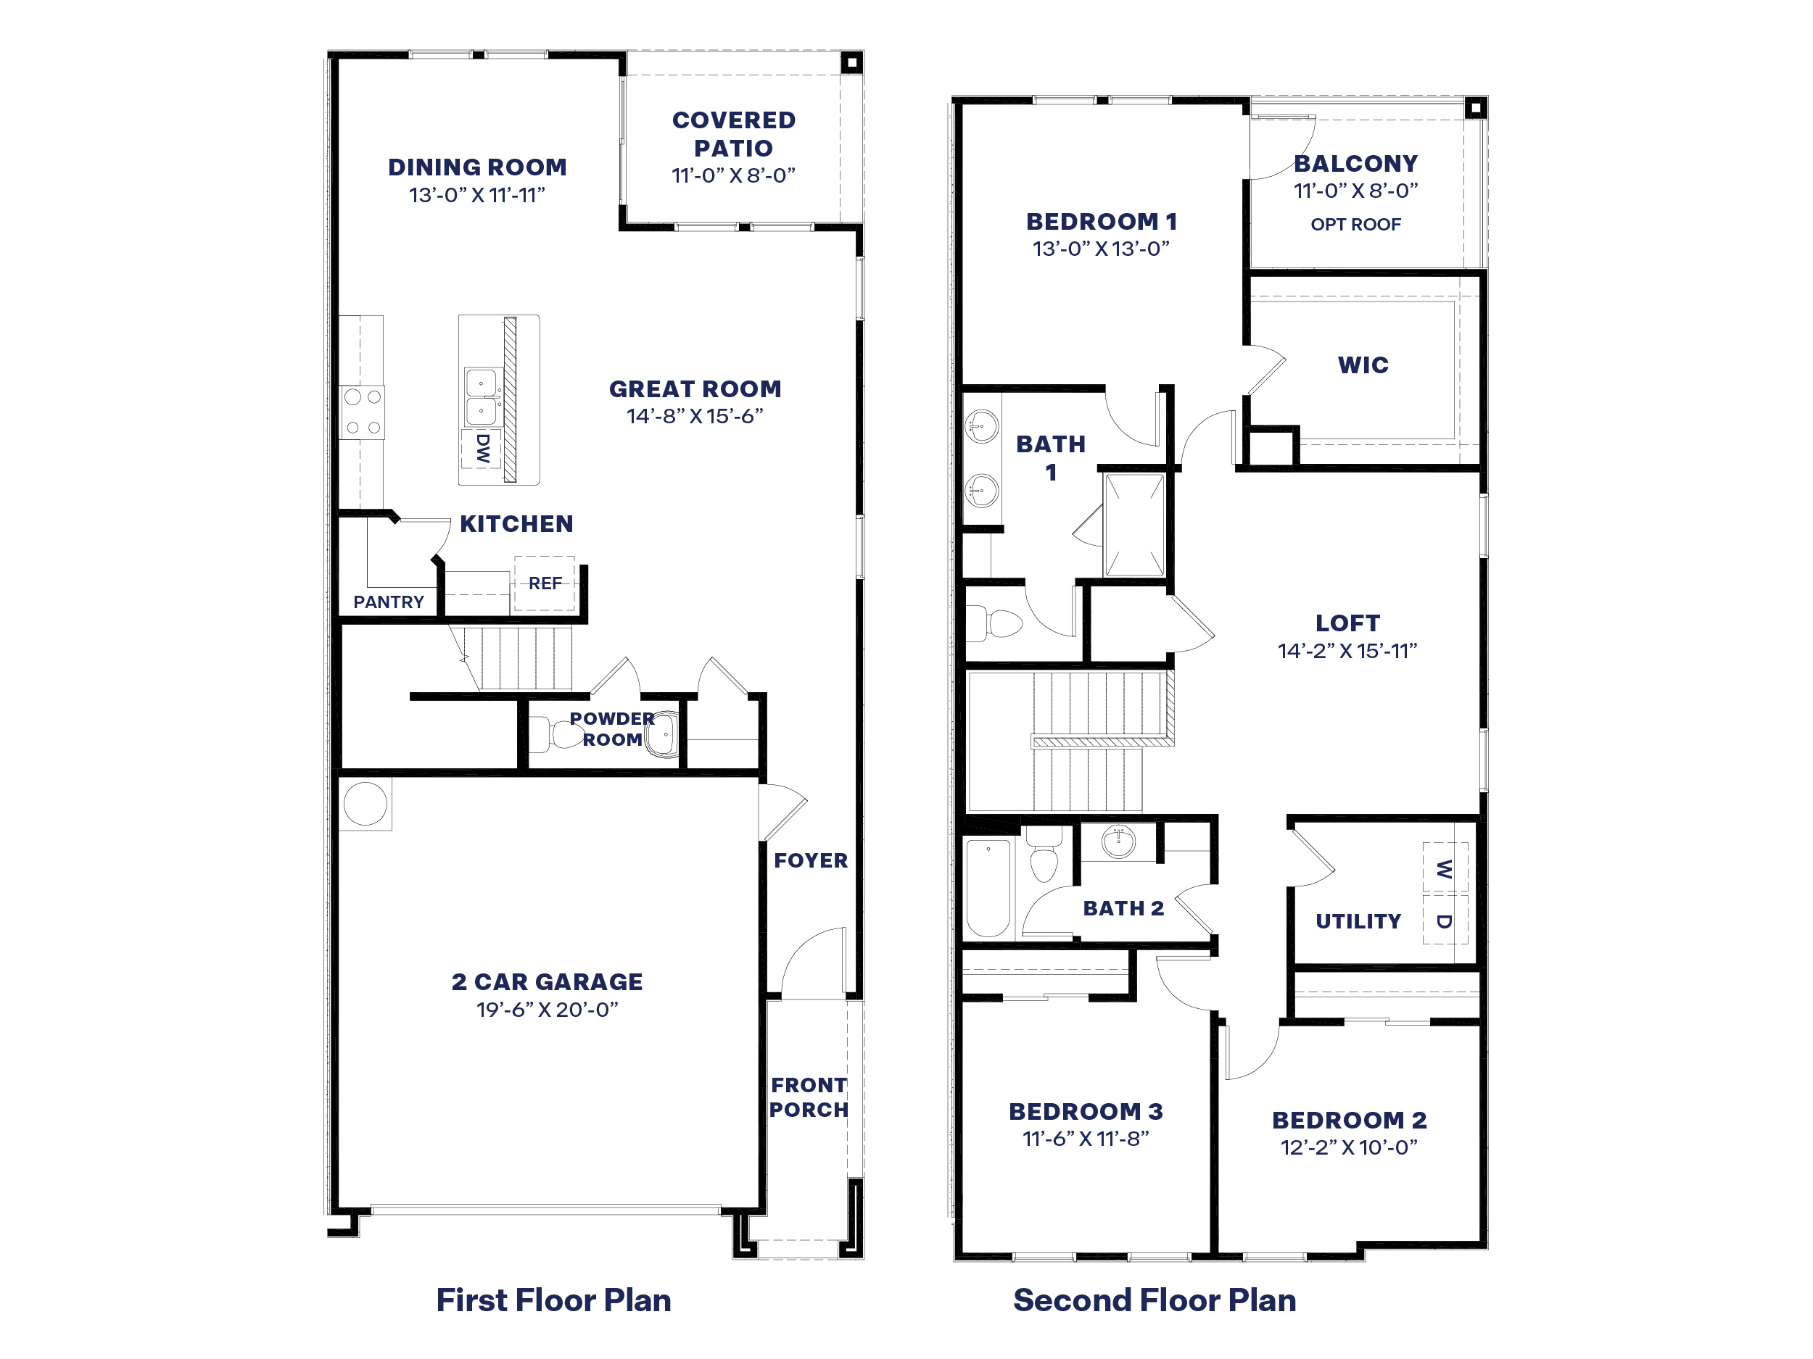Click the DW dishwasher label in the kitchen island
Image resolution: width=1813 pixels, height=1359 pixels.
(x=482, y=448)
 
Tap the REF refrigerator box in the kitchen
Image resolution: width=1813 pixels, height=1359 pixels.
(x=544, y=583)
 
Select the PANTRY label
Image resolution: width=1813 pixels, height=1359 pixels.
(x=389, y=602)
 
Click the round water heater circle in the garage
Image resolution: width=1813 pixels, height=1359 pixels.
(x=365, y=803)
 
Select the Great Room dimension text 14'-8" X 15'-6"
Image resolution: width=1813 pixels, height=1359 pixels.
(x=694, y=416)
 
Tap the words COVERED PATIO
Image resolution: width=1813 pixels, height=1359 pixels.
(x=734, y=133)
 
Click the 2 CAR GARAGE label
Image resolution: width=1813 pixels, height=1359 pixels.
(x=547, y=981)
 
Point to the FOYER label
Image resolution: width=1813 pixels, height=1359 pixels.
(x=811, y=860)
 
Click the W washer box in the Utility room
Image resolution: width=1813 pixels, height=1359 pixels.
(x=1444, y=868)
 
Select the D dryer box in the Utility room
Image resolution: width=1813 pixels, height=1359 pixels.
(x=1444, y=920)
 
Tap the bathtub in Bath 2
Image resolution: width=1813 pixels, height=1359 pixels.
(x=988, y=887)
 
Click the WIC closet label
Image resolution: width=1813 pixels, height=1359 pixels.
(x=1363, y=365)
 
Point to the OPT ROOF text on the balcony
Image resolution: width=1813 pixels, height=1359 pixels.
(x=1355, y=225)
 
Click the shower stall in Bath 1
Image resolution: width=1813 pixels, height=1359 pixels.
(x=1133, y=525)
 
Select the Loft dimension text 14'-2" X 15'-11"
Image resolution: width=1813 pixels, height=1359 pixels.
(x=1347, y=652)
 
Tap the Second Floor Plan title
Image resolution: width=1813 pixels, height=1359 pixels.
(x=1154, y=1300)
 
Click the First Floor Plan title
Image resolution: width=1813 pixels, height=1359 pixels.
(x=553, y=1300)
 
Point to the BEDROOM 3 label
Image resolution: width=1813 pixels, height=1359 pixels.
(x=1085, y=1112)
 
